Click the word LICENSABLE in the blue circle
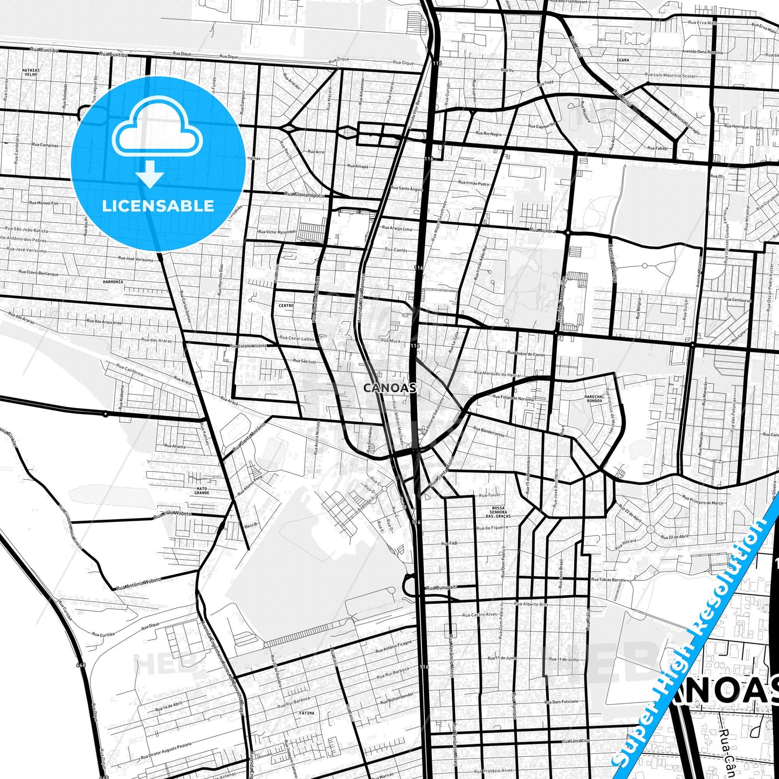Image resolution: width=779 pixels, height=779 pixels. click(158, 205)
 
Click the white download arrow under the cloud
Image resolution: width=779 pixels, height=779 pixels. click(150, 175)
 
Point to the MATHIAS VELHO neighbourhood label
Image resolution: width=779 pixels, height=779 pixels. click(31, 72)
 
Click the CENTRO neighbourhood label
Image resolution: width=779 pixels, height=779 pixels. click(286, 306)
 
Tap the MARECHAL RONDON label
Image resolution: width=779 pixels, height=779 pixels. click(594, 398)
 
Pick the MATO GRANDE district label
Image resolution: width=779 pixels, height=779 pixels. click(202, 491)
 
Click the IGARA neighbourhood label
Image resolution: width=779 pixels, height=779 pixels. click(623, 60)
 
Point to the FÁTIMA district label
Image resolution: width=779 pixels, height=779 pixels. click(306, 713)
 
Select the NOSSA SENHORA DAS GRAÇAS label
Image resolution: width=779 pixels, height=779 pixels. click(498, 512)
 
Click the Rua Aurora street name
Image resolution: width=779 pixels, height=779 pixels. click(542, 230)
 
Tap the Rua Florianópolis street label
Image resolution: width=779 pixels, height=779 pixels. click(305, 195)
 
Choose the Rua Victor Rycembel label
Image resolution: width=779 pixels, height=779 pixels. click(277, 232)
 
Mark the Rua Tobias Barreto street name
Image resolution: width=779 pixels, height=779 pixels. click(609, 580)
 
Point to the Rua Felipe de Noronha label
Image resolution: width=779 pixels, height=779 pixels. click(513, 398)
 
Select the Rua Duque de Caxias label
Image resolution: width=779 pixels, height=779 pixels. click(526, 354)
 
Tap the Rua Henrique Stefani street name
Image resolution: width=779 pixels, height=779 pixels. click(743, 127)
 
